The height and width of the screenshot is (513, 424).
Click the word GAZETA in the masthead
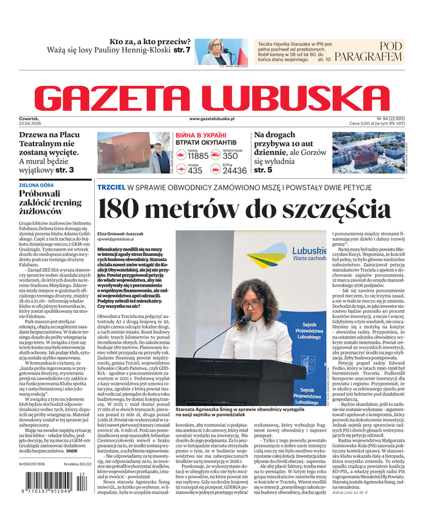pyautogui.click(x=118, y=97)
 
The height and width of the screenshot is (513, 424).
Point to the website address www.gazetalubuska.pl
pyautogui.click(x=212, y=119)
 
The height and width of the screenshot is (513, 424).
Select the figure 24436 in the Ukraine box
pyautogui.click(x=234, y=171)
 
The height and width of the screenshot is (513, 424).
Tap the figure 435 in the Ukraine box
pyautogui.click(x=195, y=171)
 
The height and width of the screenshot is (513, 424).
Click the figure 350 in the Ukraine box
pyautogui.click(x=230, y=156)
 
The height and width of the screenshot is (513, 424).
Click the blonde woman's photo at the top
pyautogui.click(x=220, y=53)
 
